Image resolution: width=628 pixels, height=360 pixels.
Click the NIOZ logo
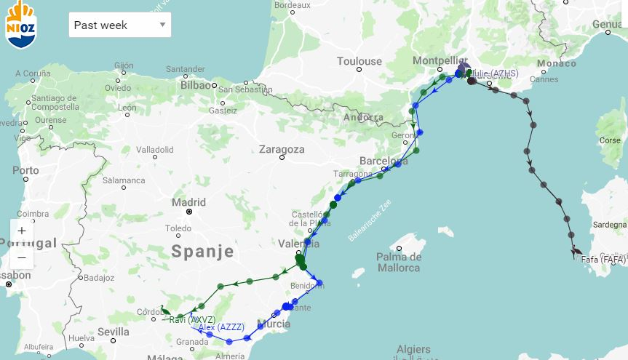(20, 24)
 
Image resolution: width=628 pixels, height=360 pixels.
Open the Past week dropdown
(120, 25)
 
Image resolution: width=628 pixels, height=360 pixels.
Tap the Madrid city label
(189, 202)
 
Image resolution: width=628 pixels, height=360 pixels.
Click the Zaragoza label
(282, 149)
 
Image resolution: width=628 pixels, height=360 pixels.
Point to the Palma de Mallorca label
(400, 262)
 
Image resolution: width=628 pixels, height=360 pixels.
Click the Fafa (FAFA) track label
(603, 259)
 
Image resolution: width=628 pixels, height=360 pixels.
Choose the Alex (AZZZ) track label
(221, 327)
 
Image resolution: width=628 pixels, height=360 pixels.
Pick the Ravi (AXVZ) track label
(191, 319)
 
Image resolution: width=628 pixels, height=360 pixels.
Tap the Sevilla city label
(113, 332)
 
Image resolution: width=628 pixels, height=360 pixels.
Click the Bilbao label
(195, 84)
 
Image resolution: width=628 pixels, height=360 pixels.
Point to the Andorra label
(362, 117)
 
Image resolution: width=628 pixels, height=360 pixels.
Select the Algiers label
(413, 349)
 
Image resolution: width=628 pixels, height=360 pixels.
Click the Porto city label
(25, 171)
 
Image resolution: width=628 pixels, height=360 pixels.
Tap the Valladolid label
(154, 150)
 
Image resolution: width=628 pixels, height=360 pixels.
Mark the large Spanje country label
(202, 252)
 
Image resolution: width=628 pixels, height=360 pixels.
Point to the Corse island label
(610, 140)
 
